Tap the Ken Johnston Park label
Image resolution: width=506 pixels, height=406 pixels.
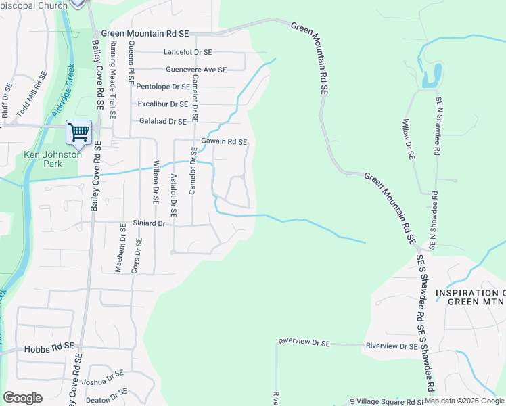point(53,159)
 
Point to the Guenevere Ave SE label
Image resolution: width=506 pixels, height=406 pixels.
point(196,69)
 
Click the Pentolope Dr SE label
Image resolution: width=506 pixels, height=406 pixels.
point(163,87)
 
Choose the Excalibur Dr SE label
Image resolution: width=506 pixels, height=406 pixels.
point(162,104)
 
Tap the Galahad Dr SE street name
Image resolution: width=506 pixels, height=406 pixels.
point(162,121)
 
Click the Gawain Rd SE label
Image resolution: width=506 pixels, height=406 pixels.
point(224,142)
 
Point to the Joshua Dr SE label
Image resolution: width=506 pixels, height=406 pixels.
point(103,377)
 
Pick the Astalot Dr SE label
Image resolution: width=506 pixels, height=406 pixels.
point(174,194)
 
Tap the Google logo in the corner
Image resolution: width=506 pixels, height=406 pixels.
point(22,398)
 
